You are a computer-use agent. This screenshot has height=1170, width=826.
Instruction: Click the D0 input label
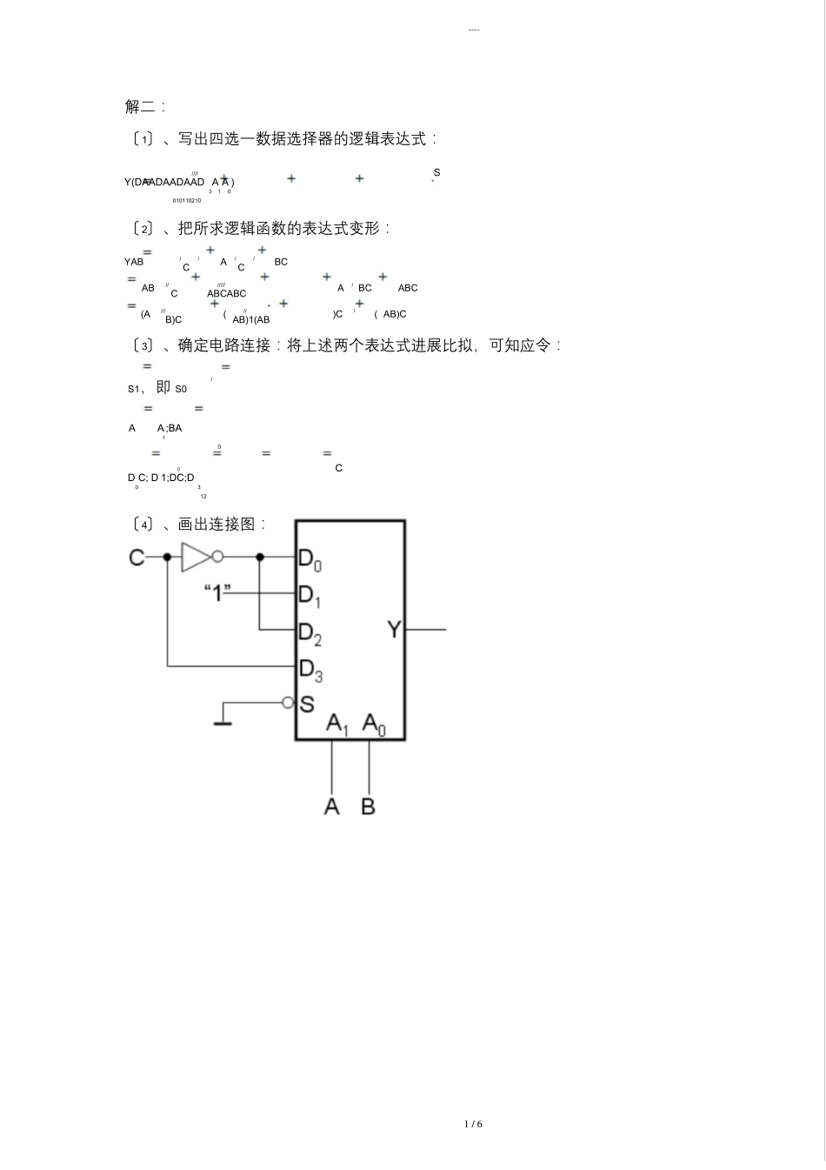(310, 558)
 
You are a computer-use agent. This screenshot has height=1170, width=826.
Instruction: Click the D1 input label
(310, 596)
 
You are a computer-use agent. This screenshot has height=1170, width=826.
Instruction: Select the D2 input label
(310, 633)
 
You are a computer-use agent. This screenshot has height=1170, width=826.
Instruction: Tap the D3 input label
(310, 670)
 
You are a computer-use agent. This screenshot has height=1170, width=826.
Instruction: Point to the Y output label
(394, 629)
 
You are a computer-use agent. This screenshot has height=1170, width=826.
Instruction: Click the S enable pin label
(306, 704)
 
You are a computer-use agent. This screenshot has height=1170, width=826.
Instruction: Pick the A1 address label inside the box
(337, 724)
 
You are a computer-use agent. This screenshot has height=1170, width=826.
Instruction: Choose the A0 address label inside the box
(374, 724)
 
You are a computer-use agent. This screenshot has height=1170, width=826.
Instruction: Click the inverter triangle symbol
(195, 557)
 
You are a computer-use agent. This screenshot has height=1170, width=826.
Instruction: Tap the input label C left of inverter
(137, 557)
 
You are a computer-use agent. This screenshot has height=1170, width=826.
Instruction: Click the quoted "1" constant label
(217, 593)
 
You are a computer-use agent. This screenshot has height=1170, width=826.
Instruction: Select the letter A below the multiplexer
(331, 806)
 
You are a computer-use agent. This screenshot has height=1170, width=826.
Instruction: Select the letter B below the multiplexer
(369, 806)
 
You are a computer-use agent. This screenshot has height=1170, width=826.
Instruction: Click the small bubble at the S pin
(288, 703)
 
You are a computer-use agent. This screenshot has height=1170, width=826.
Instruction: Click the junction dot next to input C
(167, 557)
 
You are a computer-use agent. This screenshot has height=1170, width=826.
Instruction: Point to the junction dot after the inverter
(259, 557)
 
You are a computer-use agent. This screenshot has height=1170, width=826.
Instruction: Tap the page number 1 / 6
(473, 1124)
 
